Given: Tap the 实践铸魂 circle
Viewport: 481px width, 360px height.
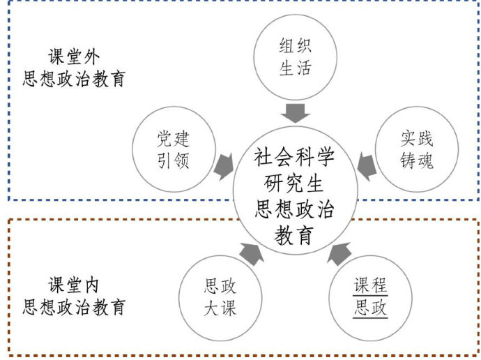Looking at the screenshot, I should coord(417,149).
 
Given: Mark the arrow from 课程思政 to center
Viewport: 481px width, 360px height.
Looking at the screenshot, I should coord(340,254).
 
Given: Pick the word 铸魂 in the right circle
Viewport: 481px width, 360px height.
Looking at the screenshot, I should coord(417,160).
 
